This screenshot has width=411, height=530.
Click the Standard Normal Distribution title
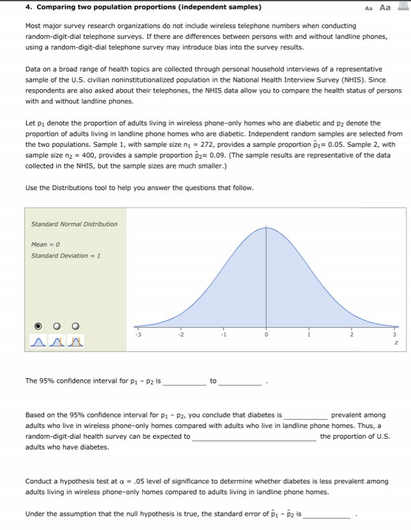click(74, 224)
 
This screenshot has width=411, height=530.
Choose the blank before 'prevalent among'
click(306, 415)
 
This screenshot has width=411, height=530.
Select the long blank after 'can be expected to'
click(254, 436)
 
